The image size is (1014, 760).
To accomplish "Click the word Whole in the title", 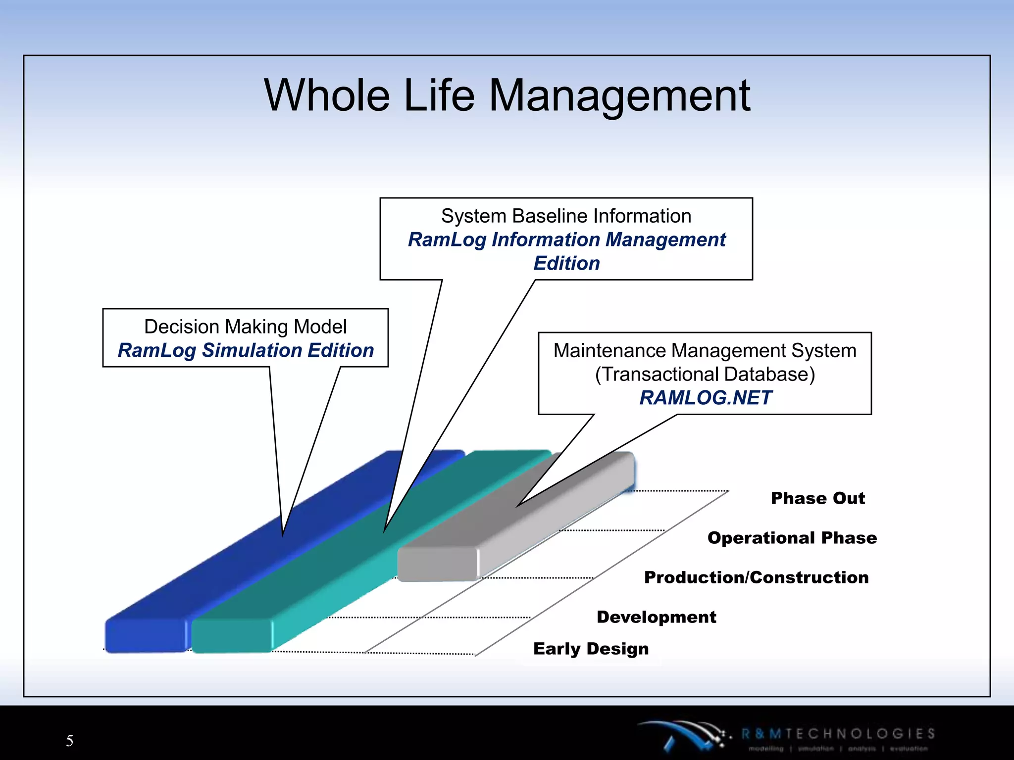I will click(327, 95).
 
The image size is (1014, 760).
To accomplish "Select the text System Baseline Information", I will click(566, 216).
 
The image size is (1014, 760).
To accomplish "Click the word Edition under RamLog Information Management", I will click(566, 263).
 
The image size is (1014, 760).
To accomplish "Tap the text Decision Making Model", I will click(245, 327).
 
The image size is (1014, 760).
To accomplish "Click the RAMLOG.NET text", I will click(705, 398).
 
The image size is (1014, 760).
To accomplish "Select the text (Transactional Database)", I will click(705, 374).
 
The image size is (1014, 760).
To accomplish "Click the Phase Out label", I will click(817, 498).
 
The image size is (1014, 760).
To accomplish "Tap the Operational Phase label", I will click(792, 538).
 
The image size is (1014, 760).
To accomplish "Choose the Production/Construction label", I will click(756, 577).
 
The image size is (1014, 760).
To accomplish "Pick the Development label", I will click(656, 617).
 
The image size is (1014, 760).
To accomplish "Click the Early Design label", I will click(591, 649).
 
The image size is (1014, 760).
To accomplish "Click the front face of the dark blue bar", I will click(145, 636).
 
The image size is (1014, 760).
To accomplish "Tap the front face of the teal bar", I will click(232, 636).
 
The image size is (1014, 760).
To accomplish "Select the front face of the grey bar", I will click(437, 564).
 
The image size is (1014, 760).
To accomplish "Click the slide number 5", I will click(69, 741).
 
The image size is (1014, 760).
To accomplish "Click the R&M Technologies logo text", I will click(838, 734).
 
